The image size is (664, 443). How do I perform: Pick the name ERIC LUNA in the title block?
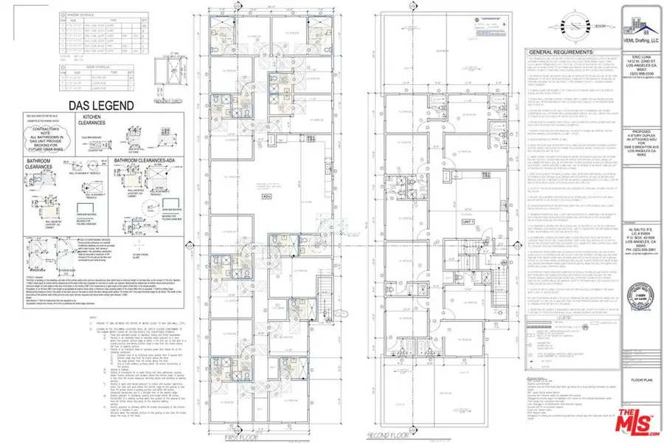pyautogui.click(x=640, y=52)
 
